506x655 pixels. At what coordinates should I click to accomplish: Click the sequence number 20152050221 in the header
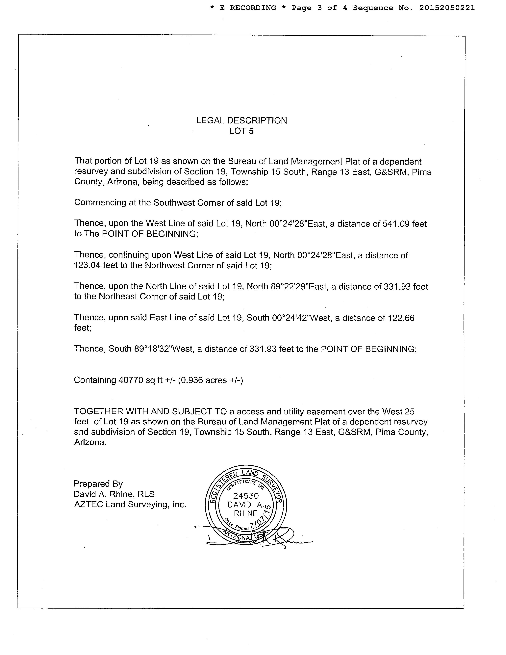click(447, 8)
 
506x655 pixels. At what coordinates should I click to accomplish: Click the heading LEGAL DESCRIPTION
click(241, 120)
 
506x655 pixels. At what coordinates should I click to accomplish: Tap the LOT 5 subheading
click(241, 131)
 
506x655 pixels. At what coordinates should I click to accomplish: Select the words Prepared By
click(98, 484)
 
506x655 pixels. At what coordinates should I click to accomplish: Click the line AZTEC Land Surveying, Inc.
click(130, 504)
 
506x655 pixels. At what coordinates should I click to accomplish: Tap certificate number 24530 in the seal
click(246, 496)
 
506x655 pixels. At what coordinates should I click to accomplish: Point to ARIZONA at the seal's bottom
click(237, 537)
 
